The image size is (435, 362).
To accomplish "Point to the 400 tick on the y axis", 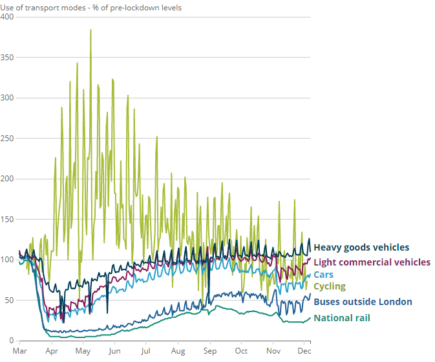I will (x=8, y=16).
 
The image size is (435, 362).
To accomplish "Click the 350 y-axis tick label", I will (x=8, y=57).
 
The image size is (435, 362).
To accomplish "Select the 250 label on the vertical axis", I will (x=8, y=138).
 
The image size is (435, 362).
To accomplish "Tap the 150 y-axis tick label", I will (x=8, y=219).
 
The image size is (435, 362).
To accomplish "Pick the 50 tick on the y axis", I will (x=10, y=300).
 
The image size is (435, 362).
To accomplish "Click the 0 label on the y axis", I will (x=12, y=341).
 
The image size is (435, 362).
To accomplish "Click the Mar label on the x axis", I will (x=20, y=351).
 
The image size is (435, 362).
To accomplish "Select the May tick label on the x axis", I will (x=83, y=351).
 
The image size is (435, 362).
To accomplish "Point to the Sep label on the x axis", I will (x=209, y=351).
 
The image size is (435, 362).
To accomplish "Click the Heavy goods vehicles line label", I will (x=361, y=247).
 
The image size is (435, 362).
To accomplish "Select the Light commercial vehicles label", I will (x=372, y=262).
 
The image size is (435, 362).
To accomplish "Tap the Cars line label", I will (x=323, y=275).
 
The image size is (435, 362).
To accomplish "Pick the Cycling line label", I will (x=330, y=286).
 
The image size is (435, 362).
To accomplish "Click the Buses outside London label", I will (x=363, y=302).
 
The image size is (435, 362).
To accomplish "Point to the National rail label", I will (x=342, y=318).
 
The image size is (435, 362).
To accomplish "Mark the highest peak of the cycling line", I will (x=90, y=30).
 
